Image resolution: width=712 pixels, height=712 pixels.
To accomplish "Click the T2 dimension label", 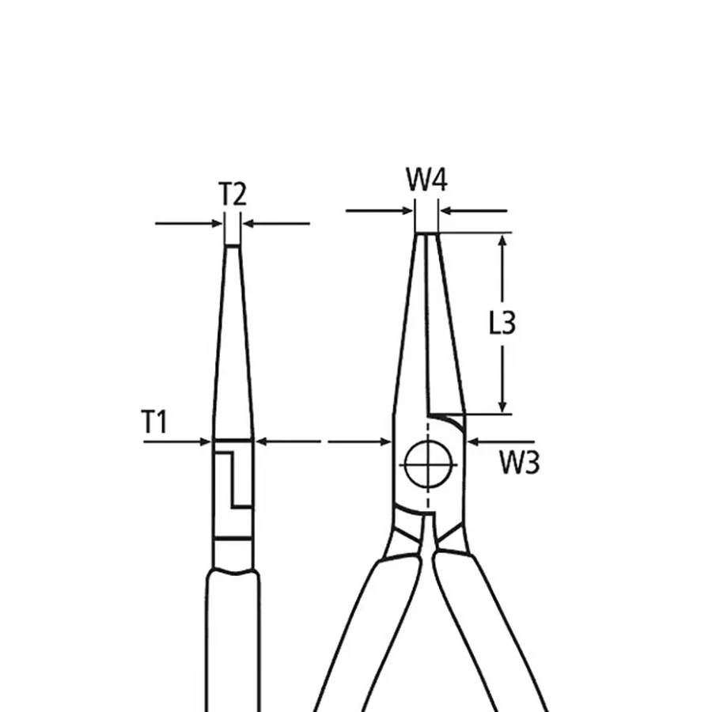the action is tap(232, 194).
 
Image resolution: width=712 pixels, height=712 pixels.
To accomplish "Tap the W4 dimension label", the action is tap(426, 180).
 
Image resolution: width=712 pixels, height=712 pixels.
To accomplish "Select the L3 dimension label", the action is tap(502, 323).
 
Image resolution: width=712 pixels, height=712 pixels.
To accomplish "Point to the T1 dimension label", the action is tap(154, 422).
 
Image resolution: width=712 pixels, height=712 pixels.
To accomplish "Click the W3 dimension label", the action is tap(520, 463).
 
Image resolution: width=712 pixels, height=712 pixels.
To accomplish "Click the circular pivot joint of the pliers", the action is tap(428, 464).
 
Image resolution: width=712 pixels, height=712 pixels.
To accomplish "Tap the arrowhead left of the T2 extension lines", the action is tap(217, 223).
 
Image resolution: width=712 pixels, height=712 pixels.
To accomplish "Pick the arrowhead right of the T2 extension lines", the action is tap(248, 223).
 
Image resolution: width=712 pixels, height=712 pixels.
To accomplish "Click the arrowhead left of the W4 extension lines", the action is tap(407, 210).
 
